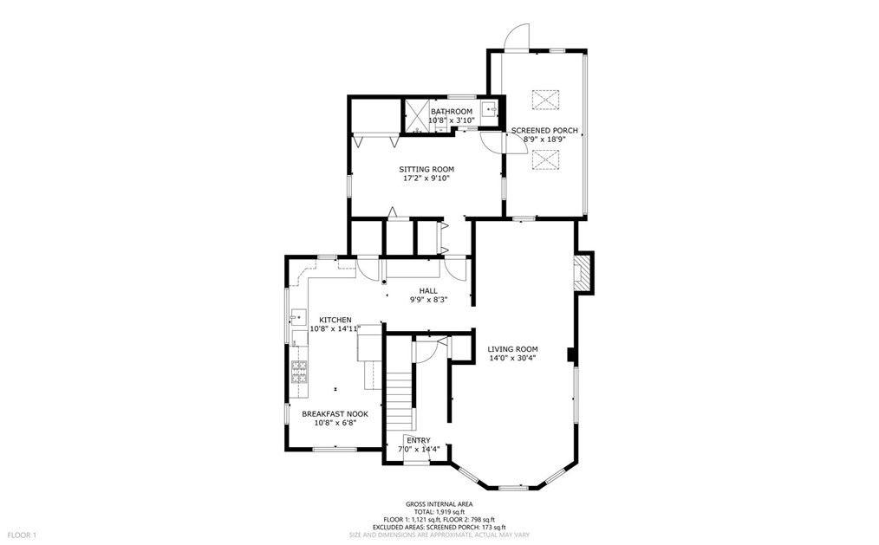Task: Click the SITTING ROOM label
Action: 426,169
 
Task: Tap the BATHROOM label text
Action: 452,112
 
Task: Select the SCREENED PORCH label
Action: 544,131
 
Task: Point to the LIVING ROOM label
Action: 512,349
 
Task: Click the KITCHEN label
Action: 335,320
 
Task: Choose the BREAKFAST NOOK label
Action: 335,414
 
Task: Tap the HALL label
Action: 428,291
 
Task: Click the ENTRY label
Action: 419,440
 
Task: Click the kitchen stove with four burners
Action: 299,373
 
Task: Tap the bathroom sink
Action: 489,110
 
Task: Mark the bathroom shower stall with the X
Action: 415,114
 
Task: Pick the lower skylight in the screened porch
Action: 545,159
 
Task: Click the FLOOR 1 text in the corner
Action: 22,535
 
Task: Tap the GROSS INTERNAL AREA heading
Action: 439,504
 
